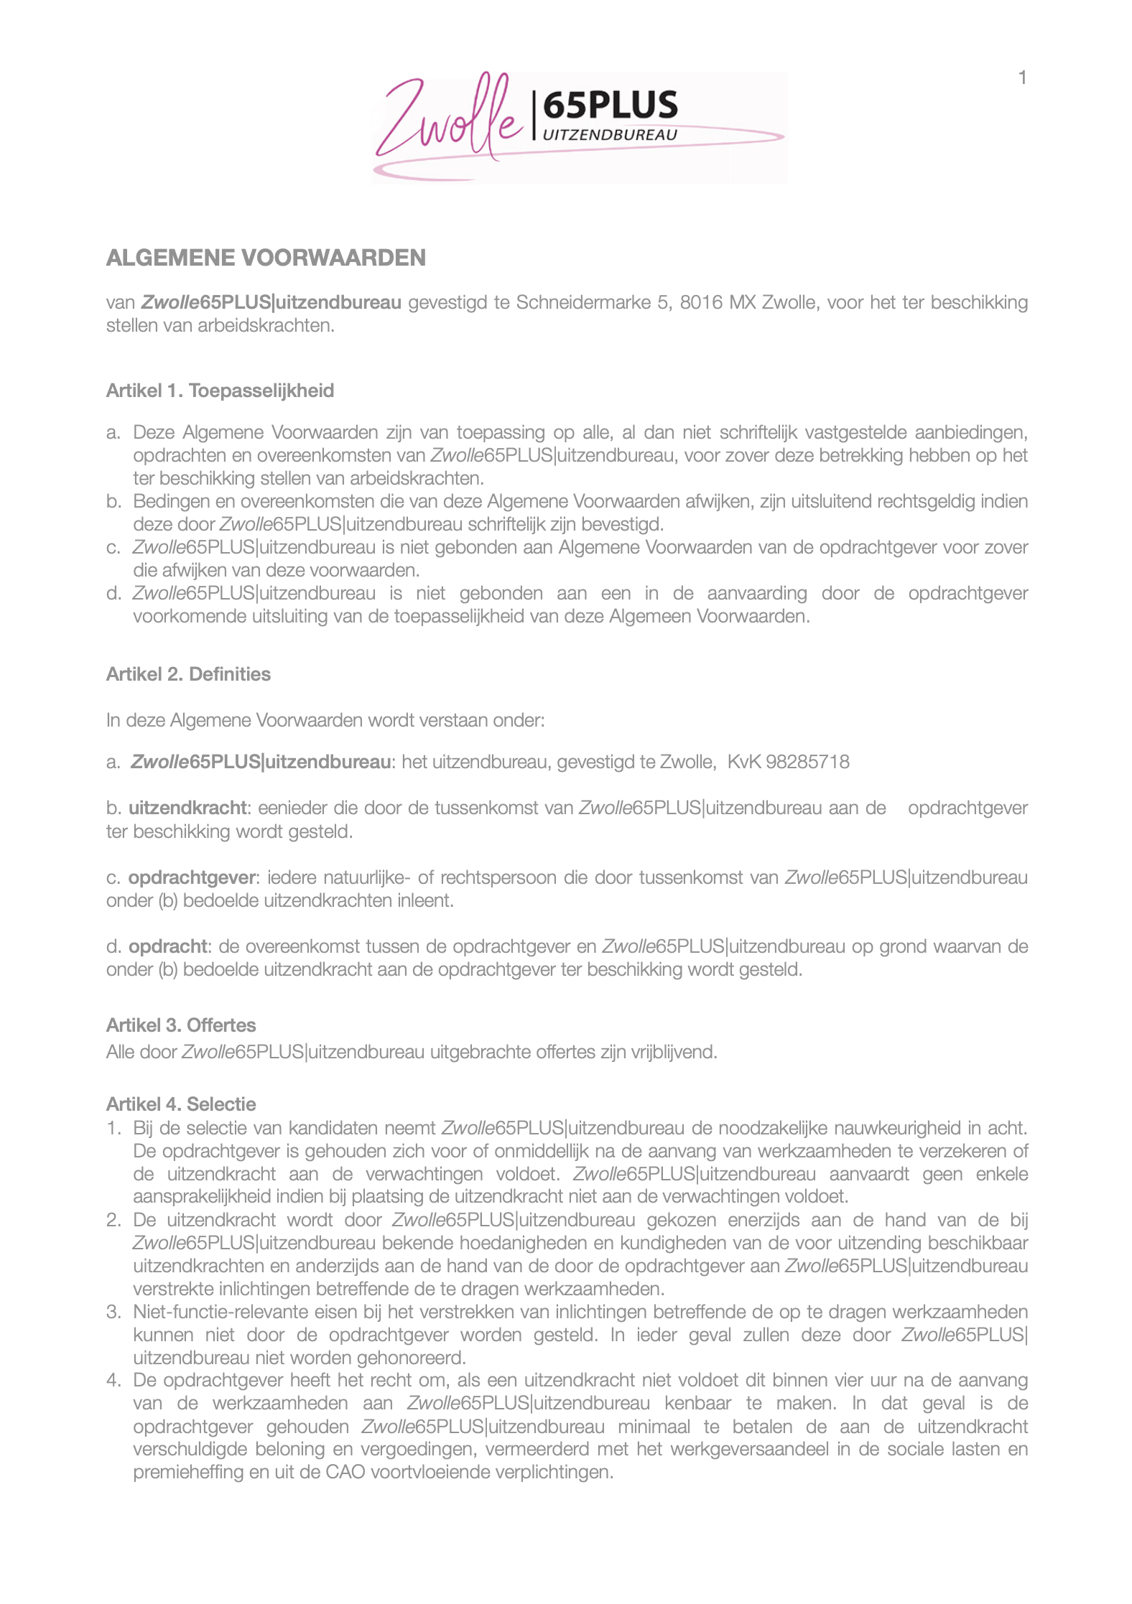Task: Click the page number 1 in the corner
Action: tap(1022, 78)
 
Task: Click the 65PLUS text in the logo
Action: tap(610, 105)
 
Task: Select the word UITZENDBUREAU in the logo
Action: tap(610, 135)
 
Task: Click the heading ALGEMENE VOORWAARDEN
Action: tap(266, 258)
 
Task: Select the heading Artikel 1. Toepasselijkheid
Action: tap(220, 391)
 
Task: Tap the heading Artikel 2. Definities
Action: tap(188, 674)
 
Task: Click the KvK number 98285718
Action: tap(807, 762)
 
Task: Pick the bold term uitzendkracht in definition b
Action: tap(187, 808)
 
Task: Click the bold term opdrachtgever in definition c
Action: tap(192, 877)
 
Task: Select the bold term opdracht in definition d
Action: tap(168, 946)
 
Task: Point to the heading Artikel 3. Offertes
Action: tap(181, 1025)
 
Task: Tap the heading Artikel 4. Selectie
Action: tap(181, 1104)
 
